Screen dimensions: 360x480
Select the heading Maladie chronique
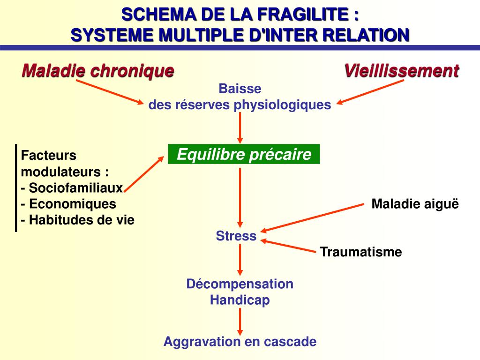click(98, 71)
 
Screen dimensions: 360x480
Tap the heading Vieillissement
click(402, 71)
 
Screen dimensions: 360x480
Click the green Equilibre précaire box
click(244, 154)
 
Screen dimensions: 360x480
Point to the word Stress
click(236, 236)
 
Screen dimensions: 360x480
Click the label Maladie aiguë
click(415, 204)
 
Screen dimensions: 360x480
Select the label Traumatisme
click(361, 252)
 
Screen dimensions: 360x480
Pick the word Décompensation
click(240, 284)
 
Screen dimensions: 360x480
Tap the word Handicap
click(240, 300)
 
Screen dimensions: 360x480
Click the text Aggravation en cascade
click(240, 342)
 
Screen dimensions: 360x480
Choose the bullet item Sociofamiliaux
click(75, 188)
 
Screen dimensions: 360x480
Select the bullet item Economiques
click(72, 204)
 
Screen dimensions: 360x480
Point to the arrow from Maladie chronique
click(110, 92)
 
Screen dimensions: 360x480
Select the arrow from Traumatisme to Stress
click(289, 247)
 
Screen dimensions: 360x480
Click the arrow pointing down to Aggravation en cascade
click(240, 321)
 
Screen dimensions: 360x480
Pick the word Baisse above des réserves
click(240, 89)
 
